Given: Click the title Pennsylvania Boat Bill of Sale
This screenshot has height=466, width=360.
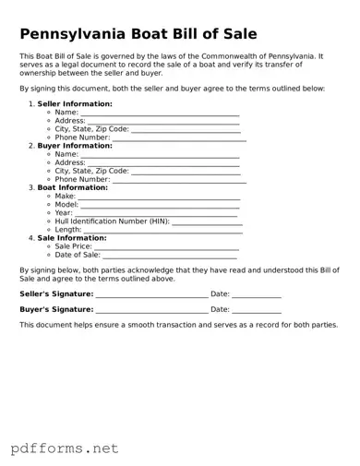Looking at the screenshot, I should [x=138, y=35].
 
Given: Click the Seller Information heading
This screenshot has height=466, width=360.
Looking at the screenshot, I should [x=75, y=103].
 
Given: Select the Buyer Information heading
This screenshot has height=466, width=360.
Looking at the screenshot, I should [x=75, y=145].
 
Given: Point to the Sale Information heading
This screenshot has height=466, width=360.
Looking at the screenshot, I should [x=71, y=238].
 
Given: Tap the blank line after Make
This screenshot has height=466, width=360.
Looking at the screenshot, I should [x=159, y=197].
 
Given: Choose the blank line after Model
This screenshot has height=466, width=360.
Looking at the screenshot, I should [x=161, y=205].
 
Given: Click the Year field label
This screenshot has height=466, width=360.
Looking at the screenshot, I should [x=64, y=213].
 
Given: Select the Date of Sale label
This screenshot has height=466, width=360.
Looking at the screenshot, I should [x=78, y=256].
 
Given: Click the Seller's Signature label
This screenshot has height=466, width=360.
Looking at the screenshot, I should [x=56, y=294].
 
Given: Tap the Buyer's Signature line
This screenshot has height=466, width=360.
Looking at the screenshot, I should [x=152, y=311].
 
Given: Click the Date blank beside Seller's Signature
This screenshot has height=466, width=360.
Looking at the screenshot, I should [x=257, y=295].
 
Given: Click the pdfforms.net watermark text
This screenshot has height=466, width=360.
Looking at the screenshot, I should [x=66, y=448].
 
